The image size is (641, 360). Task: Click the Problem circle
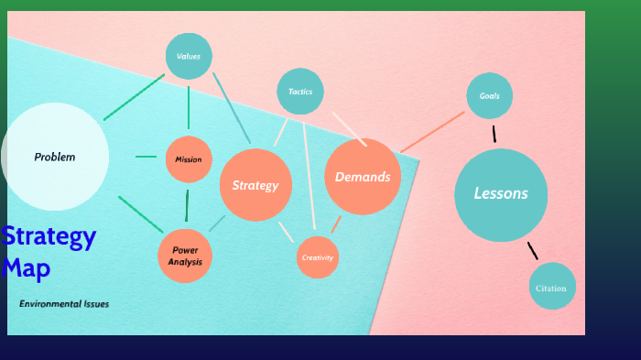tap(55, 157)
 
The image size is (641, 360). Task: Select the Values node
tap(189, 56)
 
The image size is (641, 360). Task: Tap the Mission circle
tap(189, 159)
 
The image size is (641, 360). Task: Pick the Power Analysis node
tap(185, 256)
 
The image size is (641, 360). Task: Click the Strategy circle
tap(255, 185)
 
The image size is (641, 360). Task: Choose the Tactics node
tap(300, 92)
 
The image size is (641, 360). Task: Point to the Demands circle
tap(363, 177)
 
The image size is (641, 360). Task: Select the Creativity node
tap(318, 257)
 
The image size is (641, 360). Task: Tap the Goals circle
tap(489, 95)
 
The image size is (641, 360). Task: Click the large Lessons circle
tap(501, 194)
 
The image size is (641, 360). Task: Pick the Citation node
tap(552, 287)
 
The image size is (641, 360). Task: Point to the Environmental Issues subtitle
tap(64, 303)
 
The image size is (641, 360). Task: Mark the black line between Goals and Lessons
tap(494, 134)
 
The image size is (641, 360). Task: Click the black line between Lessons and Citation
tap(533, 250)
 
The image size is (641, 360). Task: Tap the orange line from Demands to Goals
tap(432, 132)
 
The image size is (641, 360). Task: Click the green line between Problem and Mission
tap(147, 157)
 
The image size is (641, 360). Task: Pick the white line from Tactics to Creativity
tap(309, 174)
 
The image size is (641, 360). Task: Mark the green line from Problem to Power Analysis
tap(140, 214)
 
